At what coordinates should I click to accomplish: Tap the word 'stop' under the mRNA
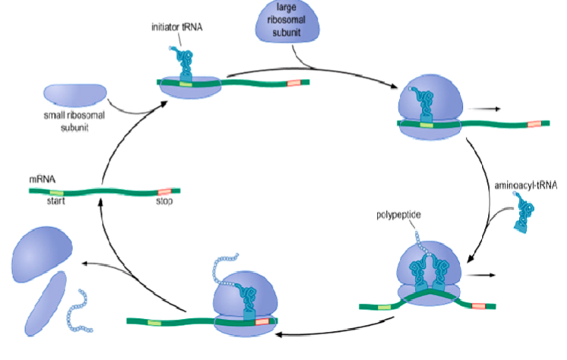point(165,202)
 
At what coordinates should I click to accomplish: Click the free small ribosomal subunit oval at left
point(75,93)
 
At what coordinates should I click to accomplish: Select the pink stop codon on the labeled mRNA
point(164,193)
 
